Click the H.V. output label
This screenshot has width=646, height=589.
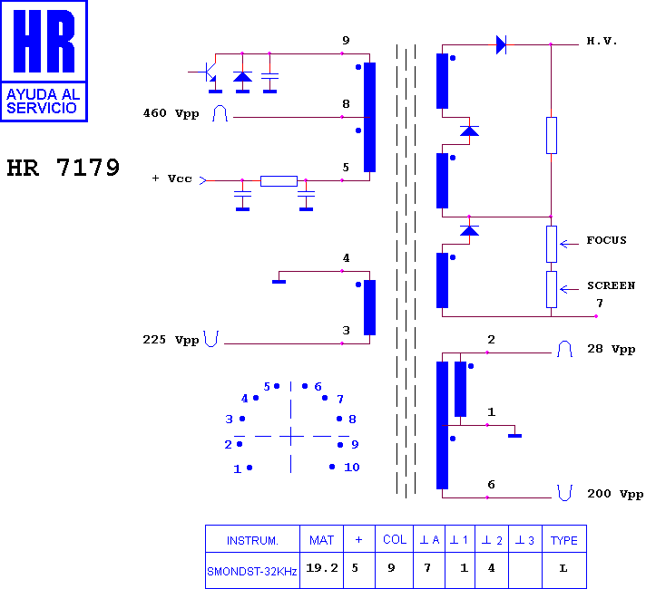602,41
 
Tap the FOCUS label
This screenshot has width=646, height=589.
606,240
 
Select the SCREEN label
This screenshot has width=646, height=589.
611,285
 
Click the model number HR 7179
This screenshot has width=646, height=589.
63,168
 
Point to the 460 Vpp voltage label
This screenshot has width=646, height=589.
171,113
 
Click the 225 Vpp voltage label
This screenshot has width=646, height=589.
171,340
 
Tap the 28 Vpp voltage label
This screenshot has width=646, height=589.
611,349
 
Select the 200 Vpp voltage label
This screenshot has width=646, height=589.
615,494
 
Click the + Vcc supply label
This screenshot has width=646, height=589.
171,179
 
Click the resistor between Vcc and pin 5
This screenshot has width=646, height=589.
279,181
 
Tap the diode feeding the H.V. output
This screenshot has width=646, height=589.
501,44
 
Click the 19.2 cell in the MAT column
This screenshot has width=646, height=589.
322,568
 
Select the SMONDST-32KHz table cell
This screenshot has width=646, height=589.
251,572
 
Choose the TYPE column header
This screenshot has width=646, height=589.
564,540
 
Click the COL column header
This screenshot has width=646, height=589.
395,539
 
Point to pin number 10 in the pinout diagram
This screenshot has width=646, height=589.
352,468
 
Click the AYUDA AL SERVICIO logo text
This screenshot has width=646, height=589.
43,101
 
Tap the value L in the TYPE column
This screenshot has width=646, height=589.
563,569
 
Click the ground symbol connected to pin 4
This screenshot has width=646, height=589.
279,282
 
